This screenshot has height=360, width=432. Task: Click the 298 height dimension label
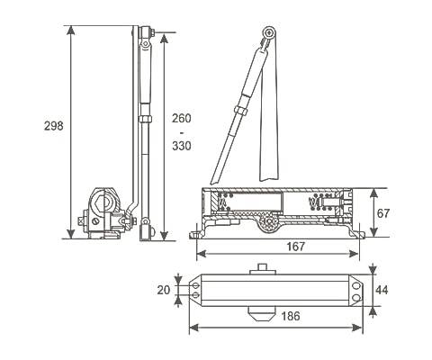[54, 125]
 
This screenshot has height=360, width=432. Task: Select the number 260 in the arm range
[182, 118]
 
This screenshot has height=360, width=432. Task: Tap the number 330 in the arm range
[182, 146]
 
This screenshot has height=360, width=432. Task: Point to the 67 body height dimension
[383, 213]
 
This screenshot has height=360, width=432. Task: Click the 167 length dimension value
[296, 247]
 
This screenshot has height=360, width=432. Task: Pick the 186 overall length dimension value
[291, 316]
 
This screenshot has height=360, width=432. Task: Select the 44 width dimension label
[382, 290]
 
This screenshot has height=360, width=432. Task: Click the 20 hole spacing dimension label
[164, 290]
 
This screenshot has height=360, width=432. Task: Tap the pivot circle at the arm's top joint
[269, 31]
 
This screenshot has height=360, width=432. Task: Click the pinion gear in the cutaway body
[268, 222]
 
